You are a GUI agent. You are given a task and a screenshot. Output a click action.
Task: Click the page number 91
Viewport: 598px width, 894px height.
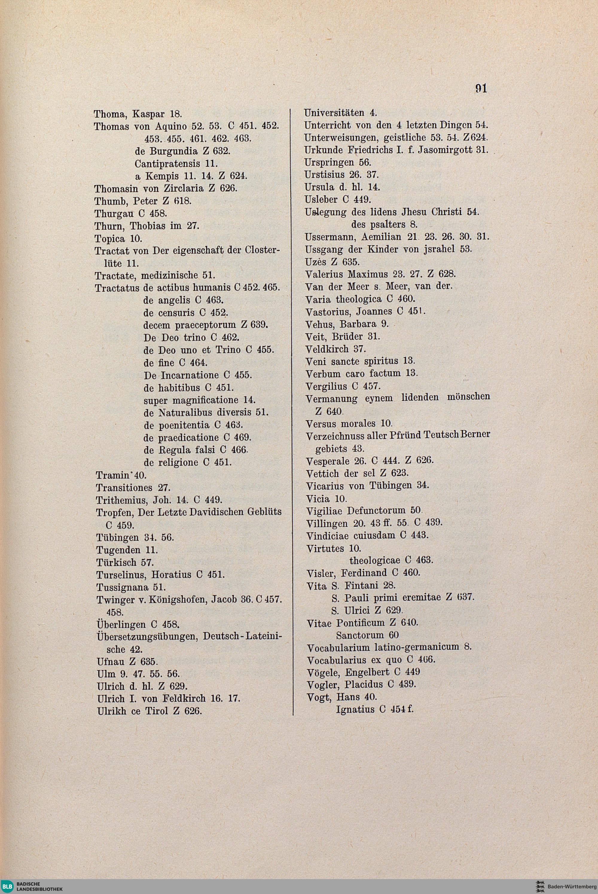pos(481,88)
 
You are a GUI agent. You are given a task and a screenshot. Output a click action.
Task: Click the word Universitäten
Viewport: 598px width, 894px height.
pos(334,113)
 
